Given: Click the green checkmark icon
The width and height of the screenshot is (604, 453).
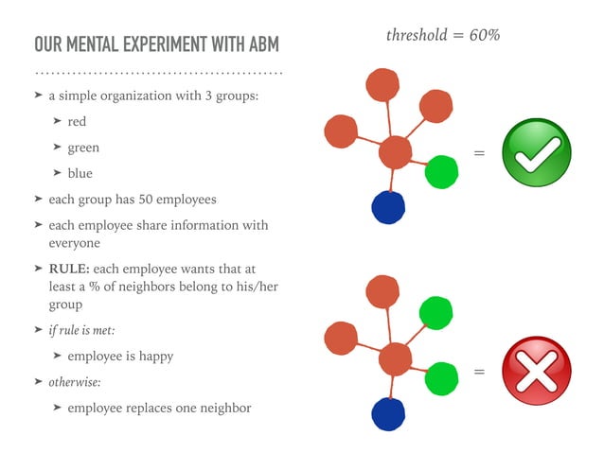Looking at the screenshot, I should [x=536, y=152].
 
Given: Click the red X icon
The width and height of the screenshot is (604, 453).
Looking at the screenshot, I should [x=535, y=370].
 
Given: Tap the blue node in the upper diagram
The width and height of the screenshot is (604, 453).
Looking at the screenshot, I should [x=388, y=206].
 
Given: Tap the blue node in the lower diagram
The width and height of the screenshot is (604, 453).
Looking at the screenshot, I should [x=388, y=414].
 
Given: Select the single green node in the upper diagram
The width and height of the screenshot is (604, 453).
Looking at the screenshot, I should [x=441, y=171].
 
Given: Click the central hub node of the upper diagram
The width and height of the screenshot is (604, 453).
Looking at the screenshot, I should [x=395, y=152].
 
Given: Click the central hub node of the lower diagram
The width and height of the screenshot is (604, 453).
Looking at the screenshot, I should [x=395, y=359].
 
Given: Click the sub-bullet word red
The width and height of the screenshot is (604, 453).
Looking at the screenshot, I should [x=77, y=122].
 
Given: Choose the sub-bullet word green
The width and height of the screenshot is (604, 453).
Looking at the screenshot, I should [x=83, y=148].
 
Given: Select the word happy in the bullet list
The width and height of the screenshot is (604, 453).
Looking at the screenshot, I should [x=154, y=357].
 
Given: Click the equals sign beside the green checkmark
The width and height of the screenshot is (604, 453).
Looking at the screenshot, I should [x=479, y=153].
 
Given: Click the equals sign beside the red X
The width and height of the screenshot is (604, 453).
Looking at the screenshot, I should [x=479, y=372].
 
